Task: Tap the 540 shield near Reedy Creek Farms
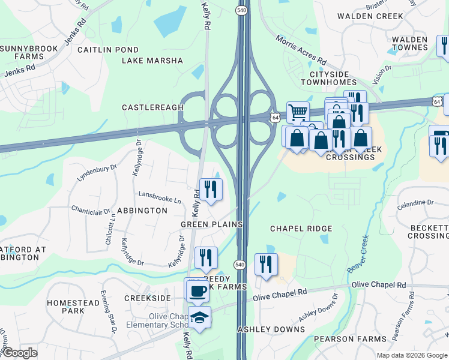coord(240,265)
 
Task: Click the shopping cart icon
coord(298,112)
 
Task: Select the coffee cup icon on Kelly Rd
coord(197,292)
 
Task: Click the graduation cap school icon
coord(199,317)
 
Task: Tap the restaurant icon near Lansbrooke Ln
coord(210,190)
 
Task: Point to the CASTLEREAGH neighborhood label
coord(152,107)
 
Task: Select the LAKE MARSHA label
coord(152,61)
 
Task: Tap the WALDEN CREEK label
coord(370,16)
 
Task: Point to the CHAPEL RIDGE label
coord(301,229)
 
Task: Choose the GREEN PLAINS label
coord(211,224)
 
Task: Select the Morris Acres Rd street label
coord(301,50)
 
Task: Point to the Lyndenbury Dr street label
coord(97,173)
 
